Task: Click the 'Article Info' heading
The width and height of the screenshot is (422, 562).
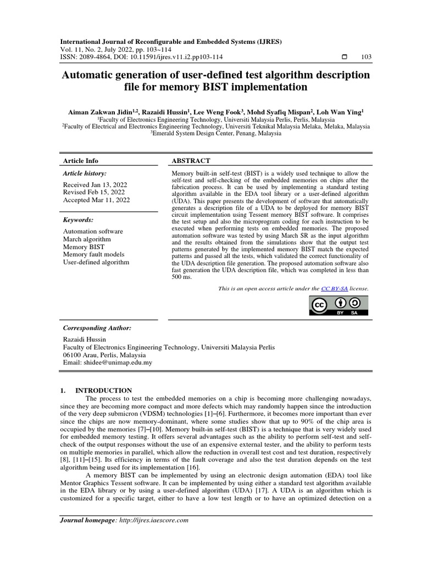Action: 81,161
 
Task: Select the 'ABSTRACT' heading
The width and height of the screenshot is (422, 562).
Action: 191,161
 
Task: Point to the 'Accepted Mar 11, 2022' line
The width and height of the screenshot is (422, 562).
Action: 97,200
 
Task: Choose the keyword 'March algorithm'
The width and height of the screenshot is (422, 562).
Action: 87,239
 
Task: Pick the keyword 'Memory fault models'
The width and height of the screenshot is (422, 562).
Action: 93,255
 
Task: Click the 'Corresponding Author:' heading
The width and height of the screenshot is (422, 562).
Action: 97,328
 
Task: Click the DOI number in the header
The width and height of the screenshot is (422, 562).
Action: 173,57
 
